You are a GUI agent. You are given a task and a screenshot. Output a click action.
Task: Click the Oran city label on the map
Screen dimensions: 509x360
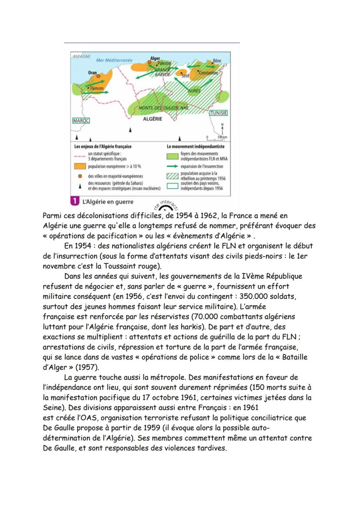(x=92, y=73)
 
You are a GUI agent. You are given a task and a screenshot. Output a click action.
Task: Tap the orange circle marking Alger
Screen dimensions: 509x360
(x=150, y=63)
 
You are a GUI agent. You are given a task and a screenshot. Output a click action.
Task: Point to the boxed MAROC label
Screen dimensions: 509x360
(x=80, y=120)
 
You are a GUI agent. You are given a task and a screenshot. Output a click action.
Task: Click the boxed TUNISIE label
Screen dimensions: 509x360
(x=219, y=113)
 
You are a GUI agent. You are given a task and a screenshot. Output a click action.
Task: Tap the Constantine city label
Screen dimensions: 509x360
(x=208, y=73)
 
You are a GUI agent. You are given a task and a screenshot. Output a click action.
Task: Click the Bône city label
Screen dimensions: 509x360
(x=217, y=61)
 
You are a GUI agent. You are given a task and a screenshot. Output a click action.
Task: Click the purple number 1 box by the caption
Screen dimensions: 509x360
(x=73, y=202)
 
